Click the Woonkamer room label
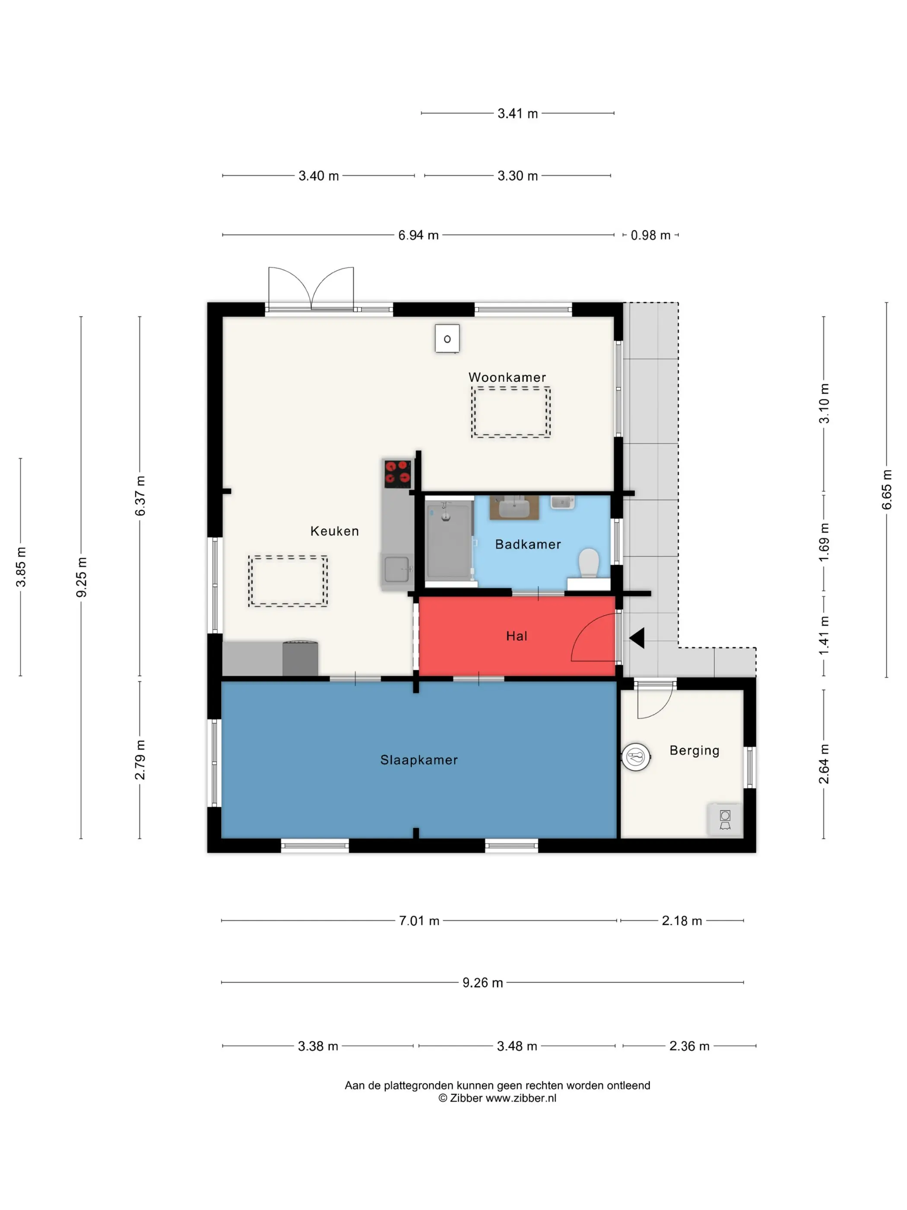click(507, 377)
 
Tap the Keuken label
click(335, 531)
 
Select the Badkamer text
click(528, 544)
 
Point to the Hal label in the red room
click(517, 636)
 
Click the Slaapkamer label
click(419, 760)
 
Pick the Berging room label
click(695, 751)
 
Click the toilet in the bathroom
click(589, 564)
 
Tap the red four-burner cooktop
click(397, 474)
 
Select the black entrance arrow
click(637, 638)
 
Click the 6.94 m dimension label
click(418, 235)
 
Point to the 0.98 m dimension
click(650, 235)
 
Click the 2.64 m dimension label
click(824, 764)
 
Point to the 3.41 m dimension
click(517, 114)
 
